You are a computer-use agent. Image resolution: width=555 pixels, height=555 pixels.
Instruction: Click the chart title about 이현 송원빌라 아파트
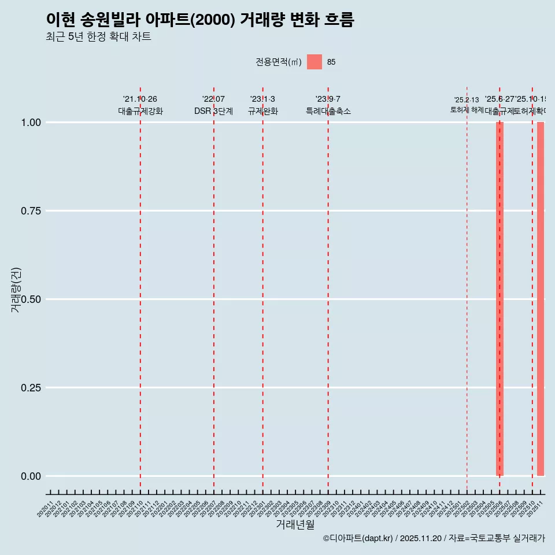pyautogui.click(x=199, y=20)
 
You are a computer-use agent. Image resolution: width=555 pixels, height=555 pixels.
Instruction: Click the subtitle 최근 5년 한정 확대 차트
pyautogui.click(x=98, y=37)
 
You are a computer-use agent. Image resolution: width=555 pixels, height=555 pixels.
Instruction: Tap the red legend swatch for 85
pyautogui.click(x=314, y=62)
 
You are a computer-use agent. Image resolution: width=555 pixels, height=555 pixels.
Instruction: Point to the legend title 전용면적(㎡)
pyautogui.click(x=279, y=62)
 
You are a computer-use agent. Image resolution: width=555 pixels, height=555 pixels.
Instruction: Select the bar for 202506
pyautogui.click(x=499, y=299)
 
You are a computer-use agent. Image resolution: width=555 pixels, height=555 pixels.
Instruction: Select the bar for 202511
pyautogui.click(x=541, y=299)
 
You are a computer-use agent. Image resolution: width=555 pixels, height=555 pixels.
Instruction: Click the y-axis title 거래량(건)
pyautogui.click(x=16, y=290)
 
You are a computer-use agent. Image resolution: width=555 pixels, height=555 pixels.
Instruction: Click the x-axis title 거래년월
pyautogui.click(x=295, y=524)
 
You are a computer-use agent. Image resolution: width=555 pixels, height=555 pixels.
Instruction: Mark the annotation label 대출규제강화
pyautogui.click(x=140, y=111)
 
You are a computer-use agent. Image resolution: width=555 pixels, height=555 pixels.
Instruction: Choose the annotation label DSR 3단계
pyautogui.click(x=213, y=111)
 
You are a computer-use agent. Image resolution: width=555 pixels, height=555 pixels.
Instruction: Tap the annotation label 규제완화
pyautogui.click(x=263, y=111)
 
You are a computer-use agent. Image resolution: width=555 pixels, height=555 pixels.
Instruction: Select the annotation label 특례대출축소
pyautogui.click(x=328, y=111)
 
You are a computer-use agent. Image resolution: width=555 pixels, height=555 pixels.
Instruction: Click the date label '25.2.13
pyautogui.click(x=467, y=100)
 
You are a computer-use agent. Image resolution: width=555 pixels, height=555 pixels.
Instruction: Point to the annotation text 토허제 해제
pyautogui.click(x=467, y=110)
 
